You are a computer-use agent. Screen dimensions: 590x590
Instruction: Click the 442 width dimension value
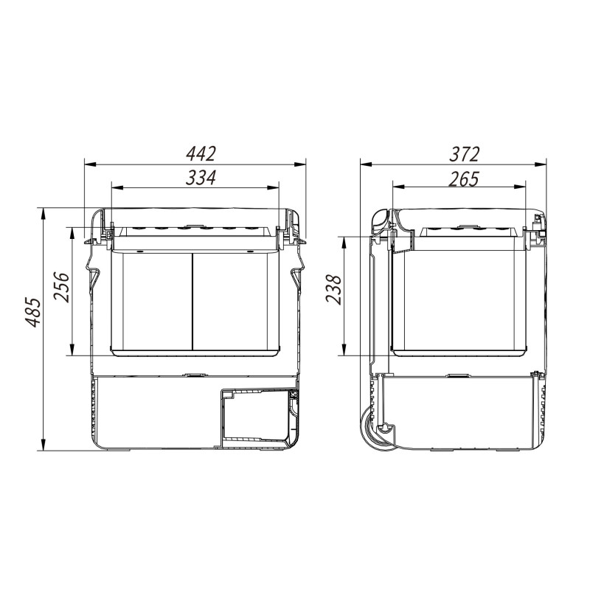pyautogui.click(x=201, y=153)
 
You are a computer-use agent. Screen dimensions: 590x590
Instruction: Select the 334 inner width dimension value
pyautogui.click(x=201, y=178)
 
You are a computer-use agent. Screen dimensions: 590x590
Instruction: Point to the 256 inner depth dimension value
pyautogui.click(x=61, y=287)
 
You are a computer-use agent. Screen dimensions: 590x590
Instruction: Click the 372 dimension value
pyautogui.click(x=465, y=153)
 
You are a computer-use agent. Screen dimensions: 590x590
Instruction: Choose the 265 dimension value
pyautogui.click(x=464, y=178)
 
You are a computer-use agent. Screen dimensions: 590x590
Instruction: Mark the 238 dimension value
pyautogui.click(x=333, y=289)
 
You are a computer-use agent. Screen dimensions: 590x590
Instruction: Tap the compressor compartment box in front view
pyautogui.click(x=257, y=417)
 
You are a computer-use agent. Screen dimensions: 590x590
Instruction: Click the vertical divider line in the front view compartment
pyautogui.click(x=192, y=300)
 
